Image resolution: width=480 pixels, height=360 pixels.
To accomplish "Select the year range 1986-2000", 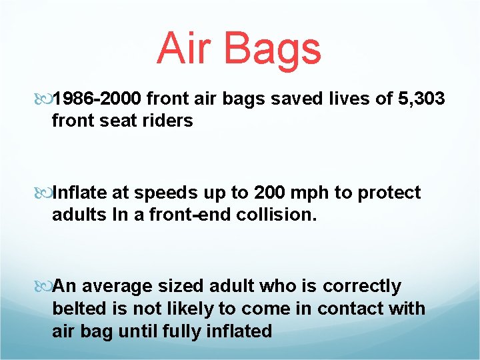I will [97, 100].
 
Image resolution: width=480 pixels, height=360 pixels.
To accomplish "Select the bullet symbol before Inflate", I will [45, 193].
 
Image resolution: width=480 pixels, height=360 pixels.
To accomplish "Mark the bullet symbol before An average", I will [45, 287].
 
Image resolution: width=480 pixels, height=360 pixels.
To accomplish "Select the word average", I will [116, 287].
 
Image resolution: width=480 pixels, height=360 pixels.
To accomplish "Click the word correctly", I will [361, 287].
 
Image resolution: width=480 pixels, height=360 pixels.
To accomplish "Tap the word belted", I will [77, 309].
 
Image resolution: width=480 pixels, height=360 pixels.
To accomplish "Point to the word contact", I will [349, 309].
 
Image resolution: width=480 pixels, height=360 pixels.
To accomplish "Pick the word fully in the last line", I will [185, 331].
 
